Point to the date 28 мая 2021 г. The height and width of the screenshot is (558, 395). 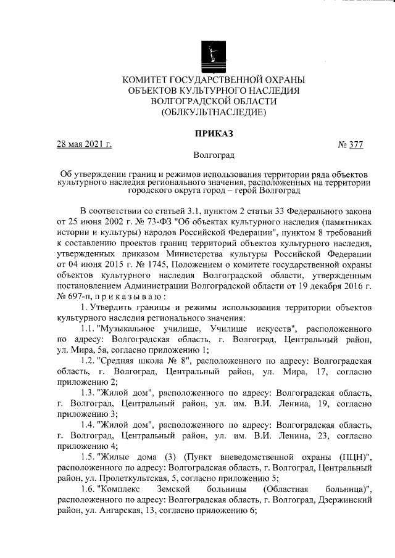click(x=85, y=145)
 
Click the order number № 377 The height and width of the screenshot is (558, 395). click(x=350, y=145)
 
